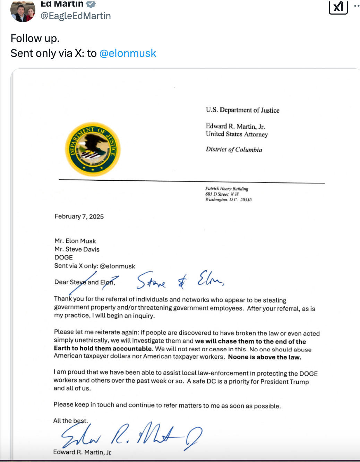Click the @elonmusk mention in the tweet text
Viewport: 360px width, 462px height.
tap(128, 53)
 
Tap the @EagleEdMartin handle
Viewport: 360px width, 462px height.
tap(76, 16)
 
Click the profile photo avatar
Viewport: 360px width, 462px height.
tap(23, 11)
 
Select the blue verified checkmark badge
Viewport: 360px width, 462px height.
tap(91, 4)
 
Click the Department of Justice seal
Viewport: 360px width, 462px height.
tap(93, 149)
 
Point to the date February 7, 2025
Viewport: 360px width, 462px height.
tap(79, 216)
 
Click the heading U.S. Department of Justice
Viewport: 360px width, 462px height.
tap(242, 110)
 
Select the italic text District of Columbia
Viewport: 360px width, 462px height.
tap(234, 149)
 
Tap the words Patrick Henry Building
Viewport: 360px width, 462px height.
tap(227, 189)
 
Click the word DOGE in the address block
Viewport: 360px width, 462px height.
tap(63, 257)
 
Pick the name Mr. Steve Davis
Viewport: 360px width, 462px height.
tap(77, 249)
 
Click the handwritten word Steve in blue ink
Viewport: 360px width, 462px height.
tap(151, 281)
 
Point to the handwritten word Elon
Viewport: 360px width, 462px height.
tap(210, 279)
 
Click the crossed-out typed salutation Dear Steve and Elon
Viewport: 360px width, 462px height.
tap(84, 282)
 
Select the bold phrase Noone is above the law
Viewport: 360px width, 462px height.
tap(265, 357)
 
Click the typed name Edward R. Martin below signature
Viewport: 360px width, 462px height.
tap(82, 452)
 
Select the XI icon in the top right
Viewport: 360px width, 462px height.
tap(338, 7)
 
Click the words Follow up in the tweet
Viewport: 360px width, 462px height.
tap(35, 38)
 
